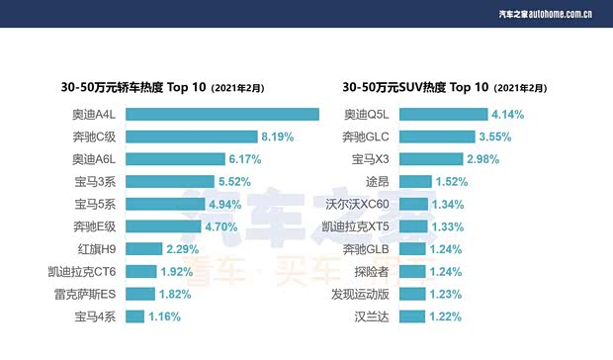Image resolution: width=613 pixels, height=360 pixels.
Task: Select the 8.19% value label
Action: [x=278, y=136]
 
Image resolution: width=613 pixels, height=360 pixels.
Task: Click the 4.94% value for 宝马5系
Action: [x=223, y=204]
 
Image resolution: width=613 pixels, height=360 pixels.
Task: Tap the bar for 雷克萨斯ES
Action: [x=140, y=294]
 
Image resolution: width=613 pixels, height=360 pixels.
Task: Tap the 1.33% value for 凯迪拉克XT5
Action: [x=448, y=226]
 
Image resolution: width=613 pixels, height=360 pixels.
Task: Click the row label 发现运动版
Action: [x=361, y=294]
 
